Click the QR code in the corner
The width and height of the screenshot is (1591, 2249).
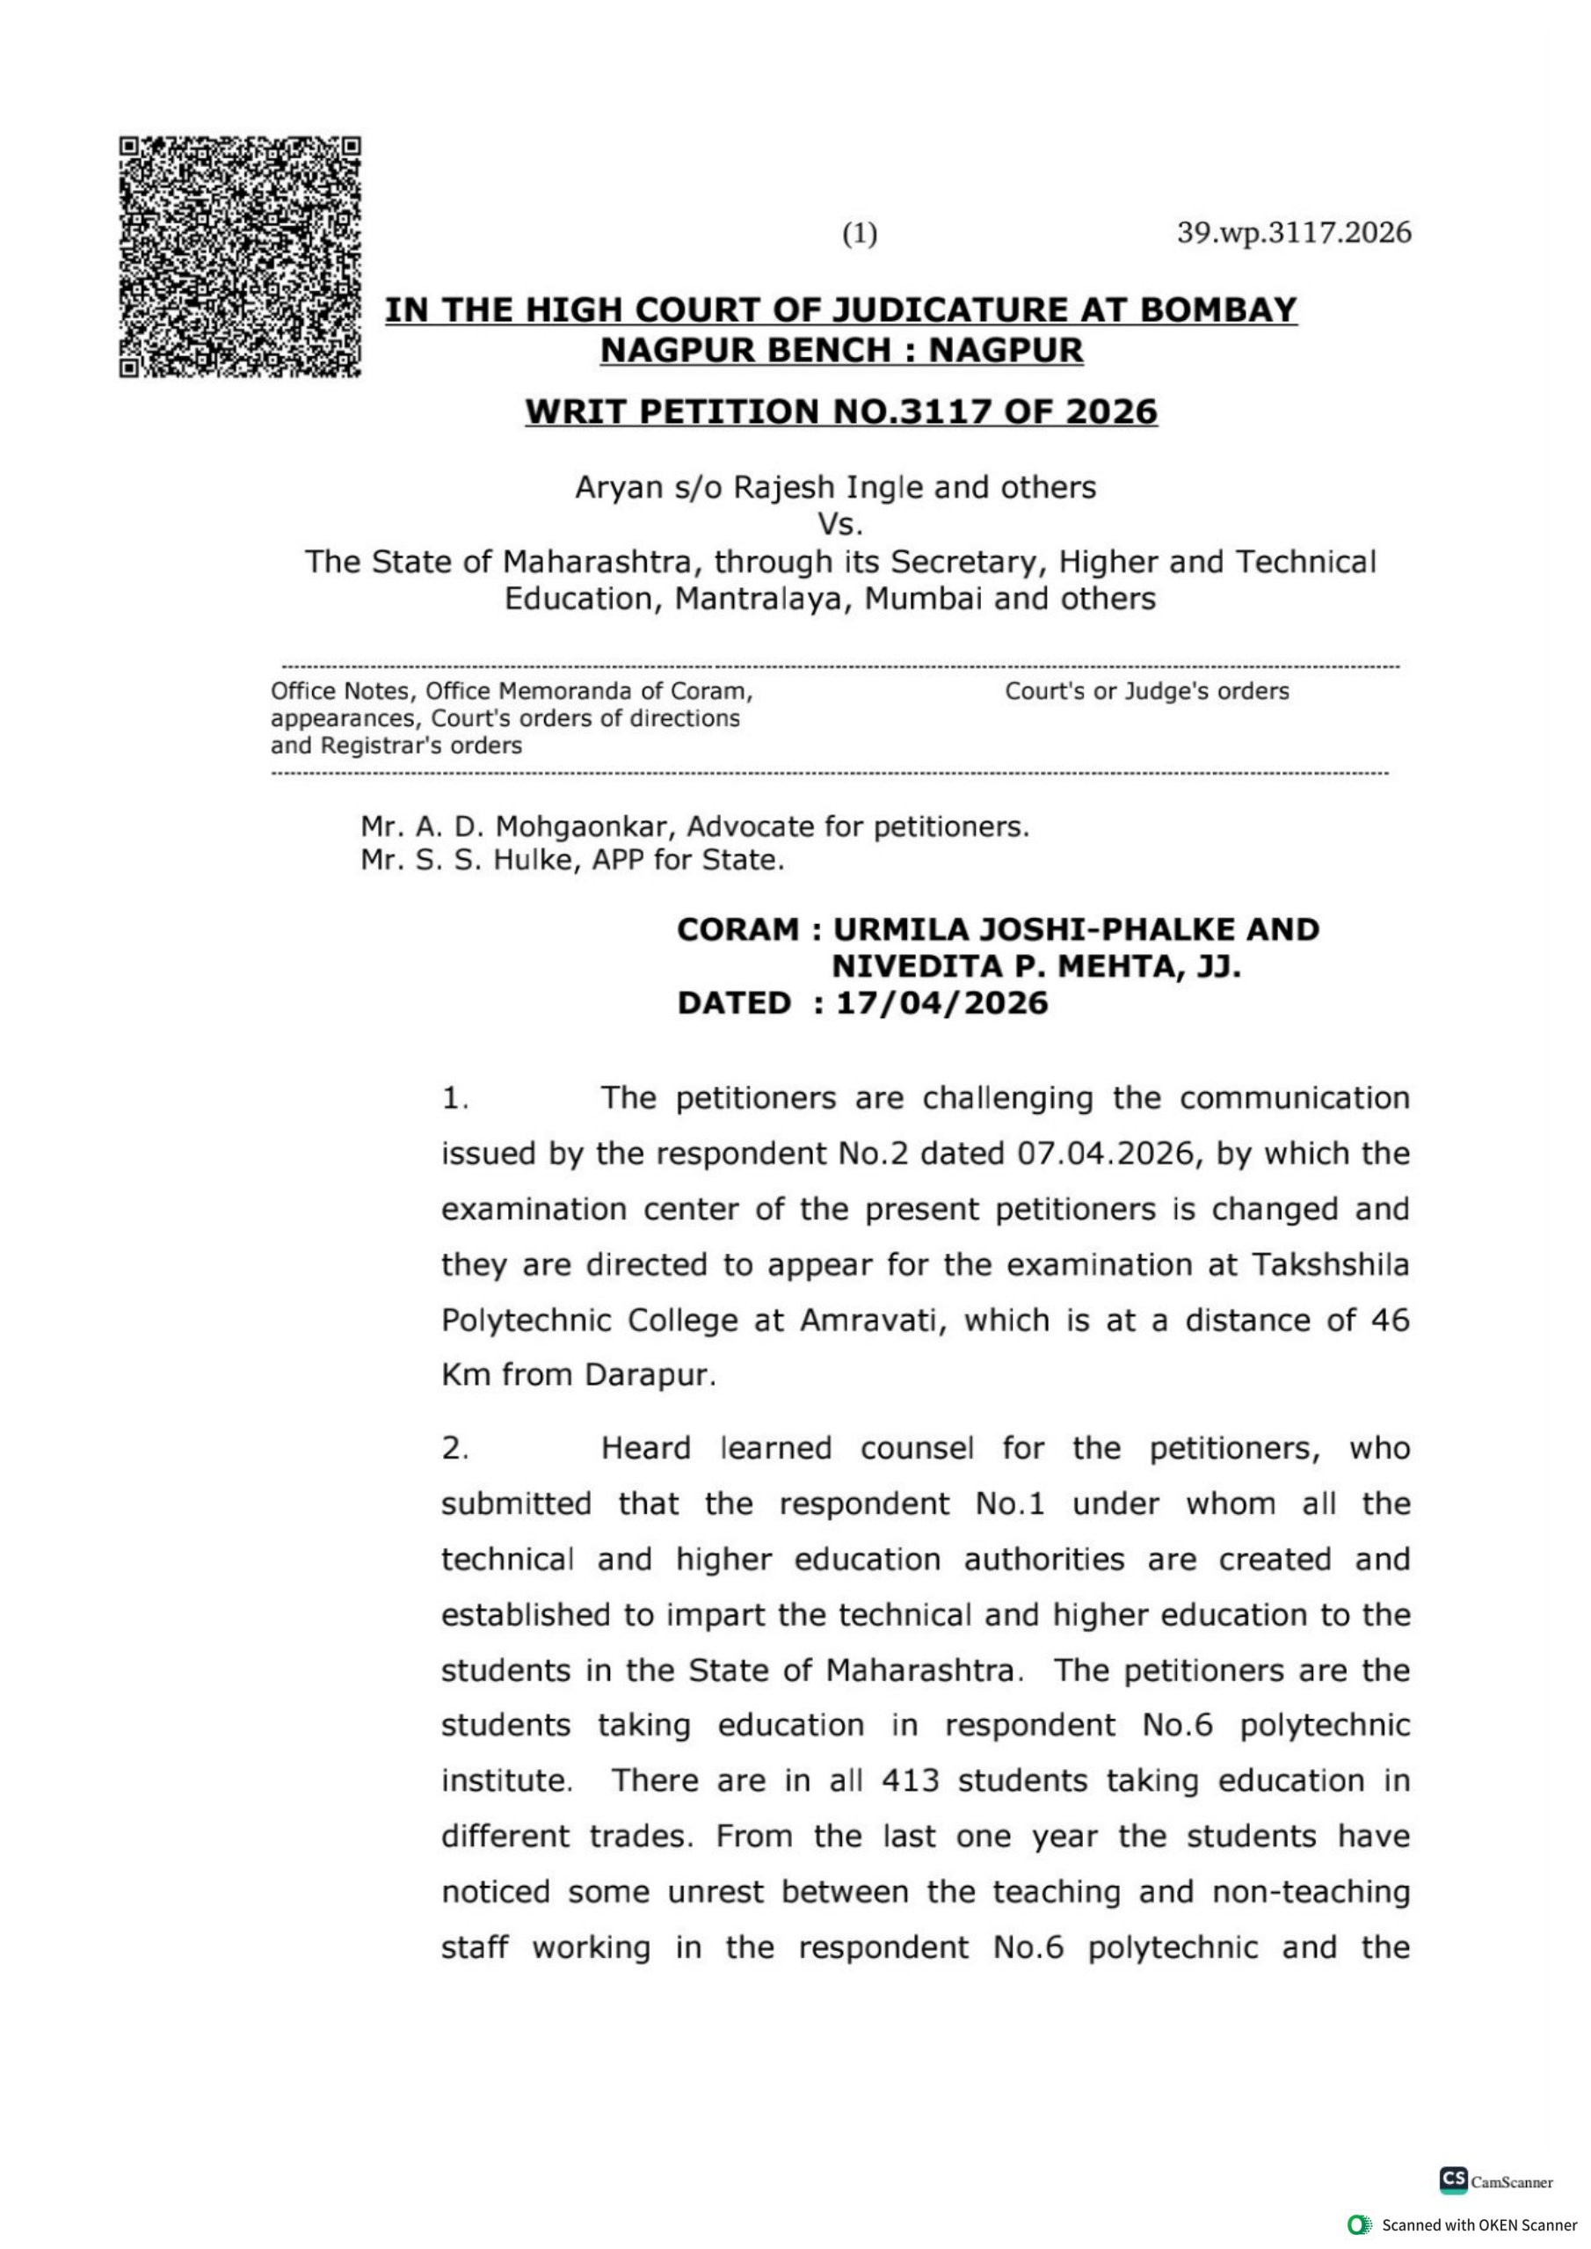pos(240,257)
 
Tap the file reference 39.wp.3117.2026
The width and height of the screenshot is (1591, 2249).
pos(1293,233)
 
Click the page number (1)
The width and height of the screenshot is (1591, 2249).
pos(861,234)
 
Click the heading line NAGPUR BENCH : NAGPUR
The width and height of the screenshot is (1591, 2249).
pos(841,350)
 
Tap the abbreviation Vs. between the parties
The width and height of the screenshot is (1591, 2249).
pos(839,525)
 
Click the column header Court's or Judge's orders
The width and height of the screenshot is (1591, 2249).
pos(1146,691)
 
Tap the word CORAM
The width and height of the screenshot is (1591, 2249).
pos(737,929)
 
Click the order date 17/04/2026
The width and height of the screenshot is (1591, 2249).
pos(941,1003)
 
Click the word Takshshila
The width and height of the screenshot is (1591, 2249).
pos(1331,1265)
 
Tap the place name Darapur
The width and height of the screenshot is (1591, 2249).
pos(650,1376)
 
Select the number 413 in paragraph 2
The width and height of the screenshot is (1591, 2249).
pos(910,1780)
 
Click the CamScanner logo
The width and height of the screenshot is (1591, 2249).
pos(1495,2180)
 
